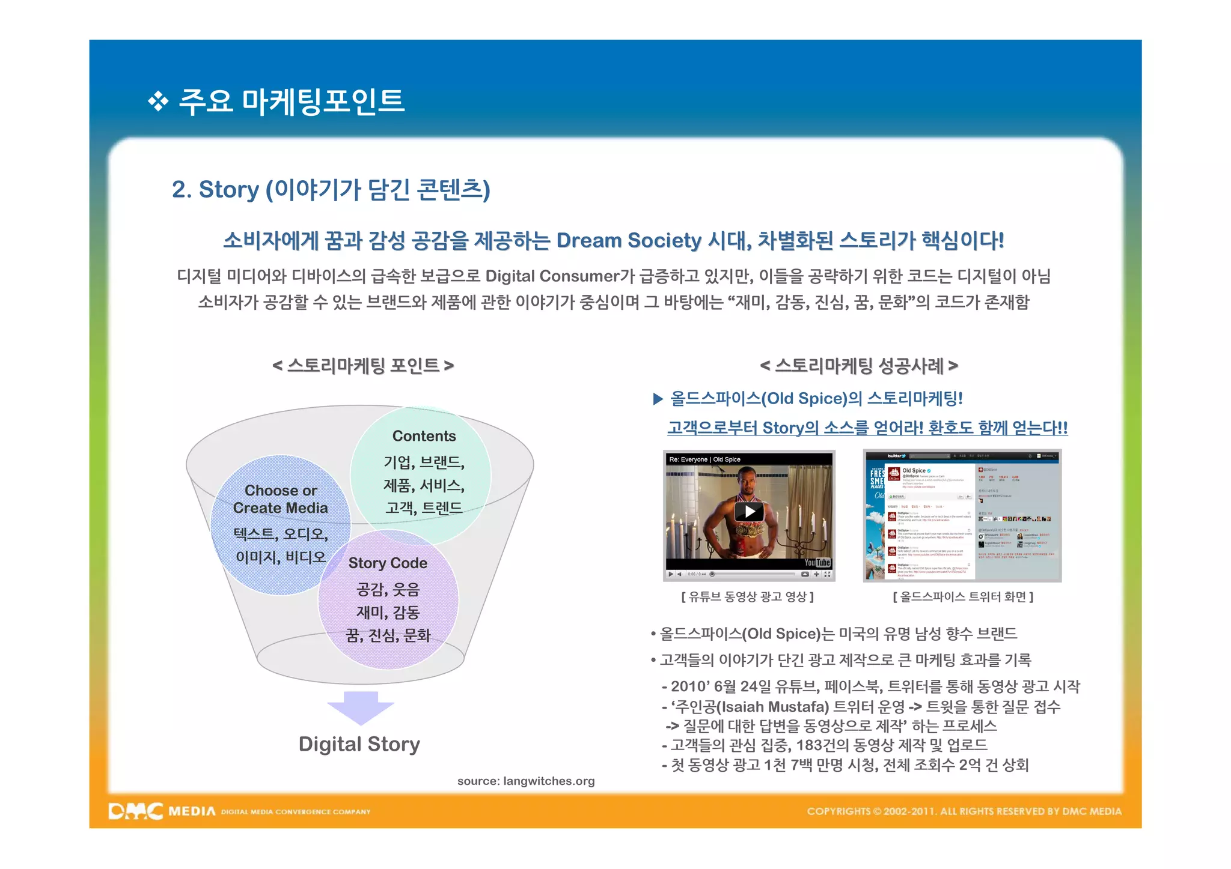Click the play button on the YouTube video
click(x=750, y=512)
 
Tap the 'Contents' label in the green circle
click(x=424, y=436)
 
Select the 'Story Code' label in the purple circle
click(x=388, y=563)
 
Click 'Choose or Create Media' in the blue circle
click(x=281, y=499)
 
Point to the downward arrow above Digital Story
click(x=361, y=707)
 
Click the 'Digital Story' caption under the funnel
click(x=359, y=744)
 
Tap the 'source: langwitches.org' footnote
click(x=526, y=781)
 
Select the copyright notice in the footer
click(x=964, y=811)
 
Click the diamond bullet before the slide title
click(x=158, y=101)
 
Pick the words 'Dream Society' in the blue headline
click(x=629, y=240)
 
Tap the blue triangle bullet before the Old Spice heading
click(x=658, y=399)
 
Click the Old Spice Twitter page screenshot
click(x=962, y=516)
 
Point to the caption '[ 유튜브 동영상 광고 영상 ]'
click(x=748, y=597)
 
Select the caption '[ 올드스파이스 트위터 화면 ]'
click(x=963, y=597)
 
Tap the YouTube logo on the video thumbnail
click(x=817, y=563)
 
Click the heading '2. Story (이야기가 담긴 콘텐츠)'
click(x=331, y=190)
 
